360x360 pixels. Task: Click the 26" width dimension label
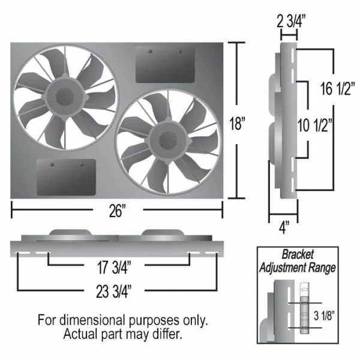coord(118,211)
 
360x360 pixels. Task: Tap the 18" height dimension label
coord(238,124)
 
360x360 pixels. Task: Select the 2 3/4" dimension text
coord(291,22)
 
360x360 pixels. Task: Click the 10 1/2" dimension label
coord(315,125)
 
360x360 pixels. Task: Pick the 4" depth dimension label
coord(284,227)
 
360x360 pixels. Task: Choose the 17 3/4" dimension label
coord(114,267)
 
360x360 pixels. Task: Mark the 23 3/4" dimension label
coord(114,292)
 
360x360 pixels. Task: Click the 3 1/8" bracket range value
coord(324,316)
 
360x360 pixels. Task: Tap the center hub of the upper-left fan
coord(65,97)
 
